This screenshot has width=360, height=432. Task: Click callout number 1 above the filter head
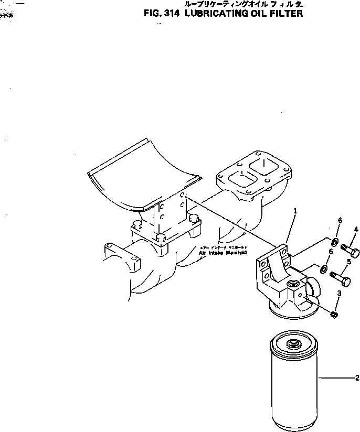click(x=295, y=211)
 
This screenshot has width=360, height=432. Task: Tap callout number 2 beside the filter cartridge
click(x=357, y=377)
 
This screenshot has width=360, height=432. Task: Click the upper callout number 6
click(x=340, y=221)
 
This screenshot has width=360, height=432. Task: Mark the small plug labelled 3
click(x=334, y=314)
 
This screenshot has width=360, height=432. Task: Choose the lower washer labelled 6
click(x=323, y=270)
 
